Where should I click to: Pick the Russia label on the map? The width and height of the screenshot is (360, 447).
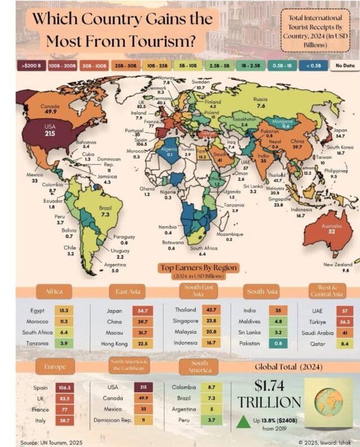(260, 99)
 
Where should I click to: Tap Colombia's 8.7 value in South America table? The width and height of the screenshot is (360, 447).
(213, 388)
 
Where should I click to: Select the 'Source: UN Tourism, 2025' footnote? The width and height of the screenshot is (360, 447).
(51, 442)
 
